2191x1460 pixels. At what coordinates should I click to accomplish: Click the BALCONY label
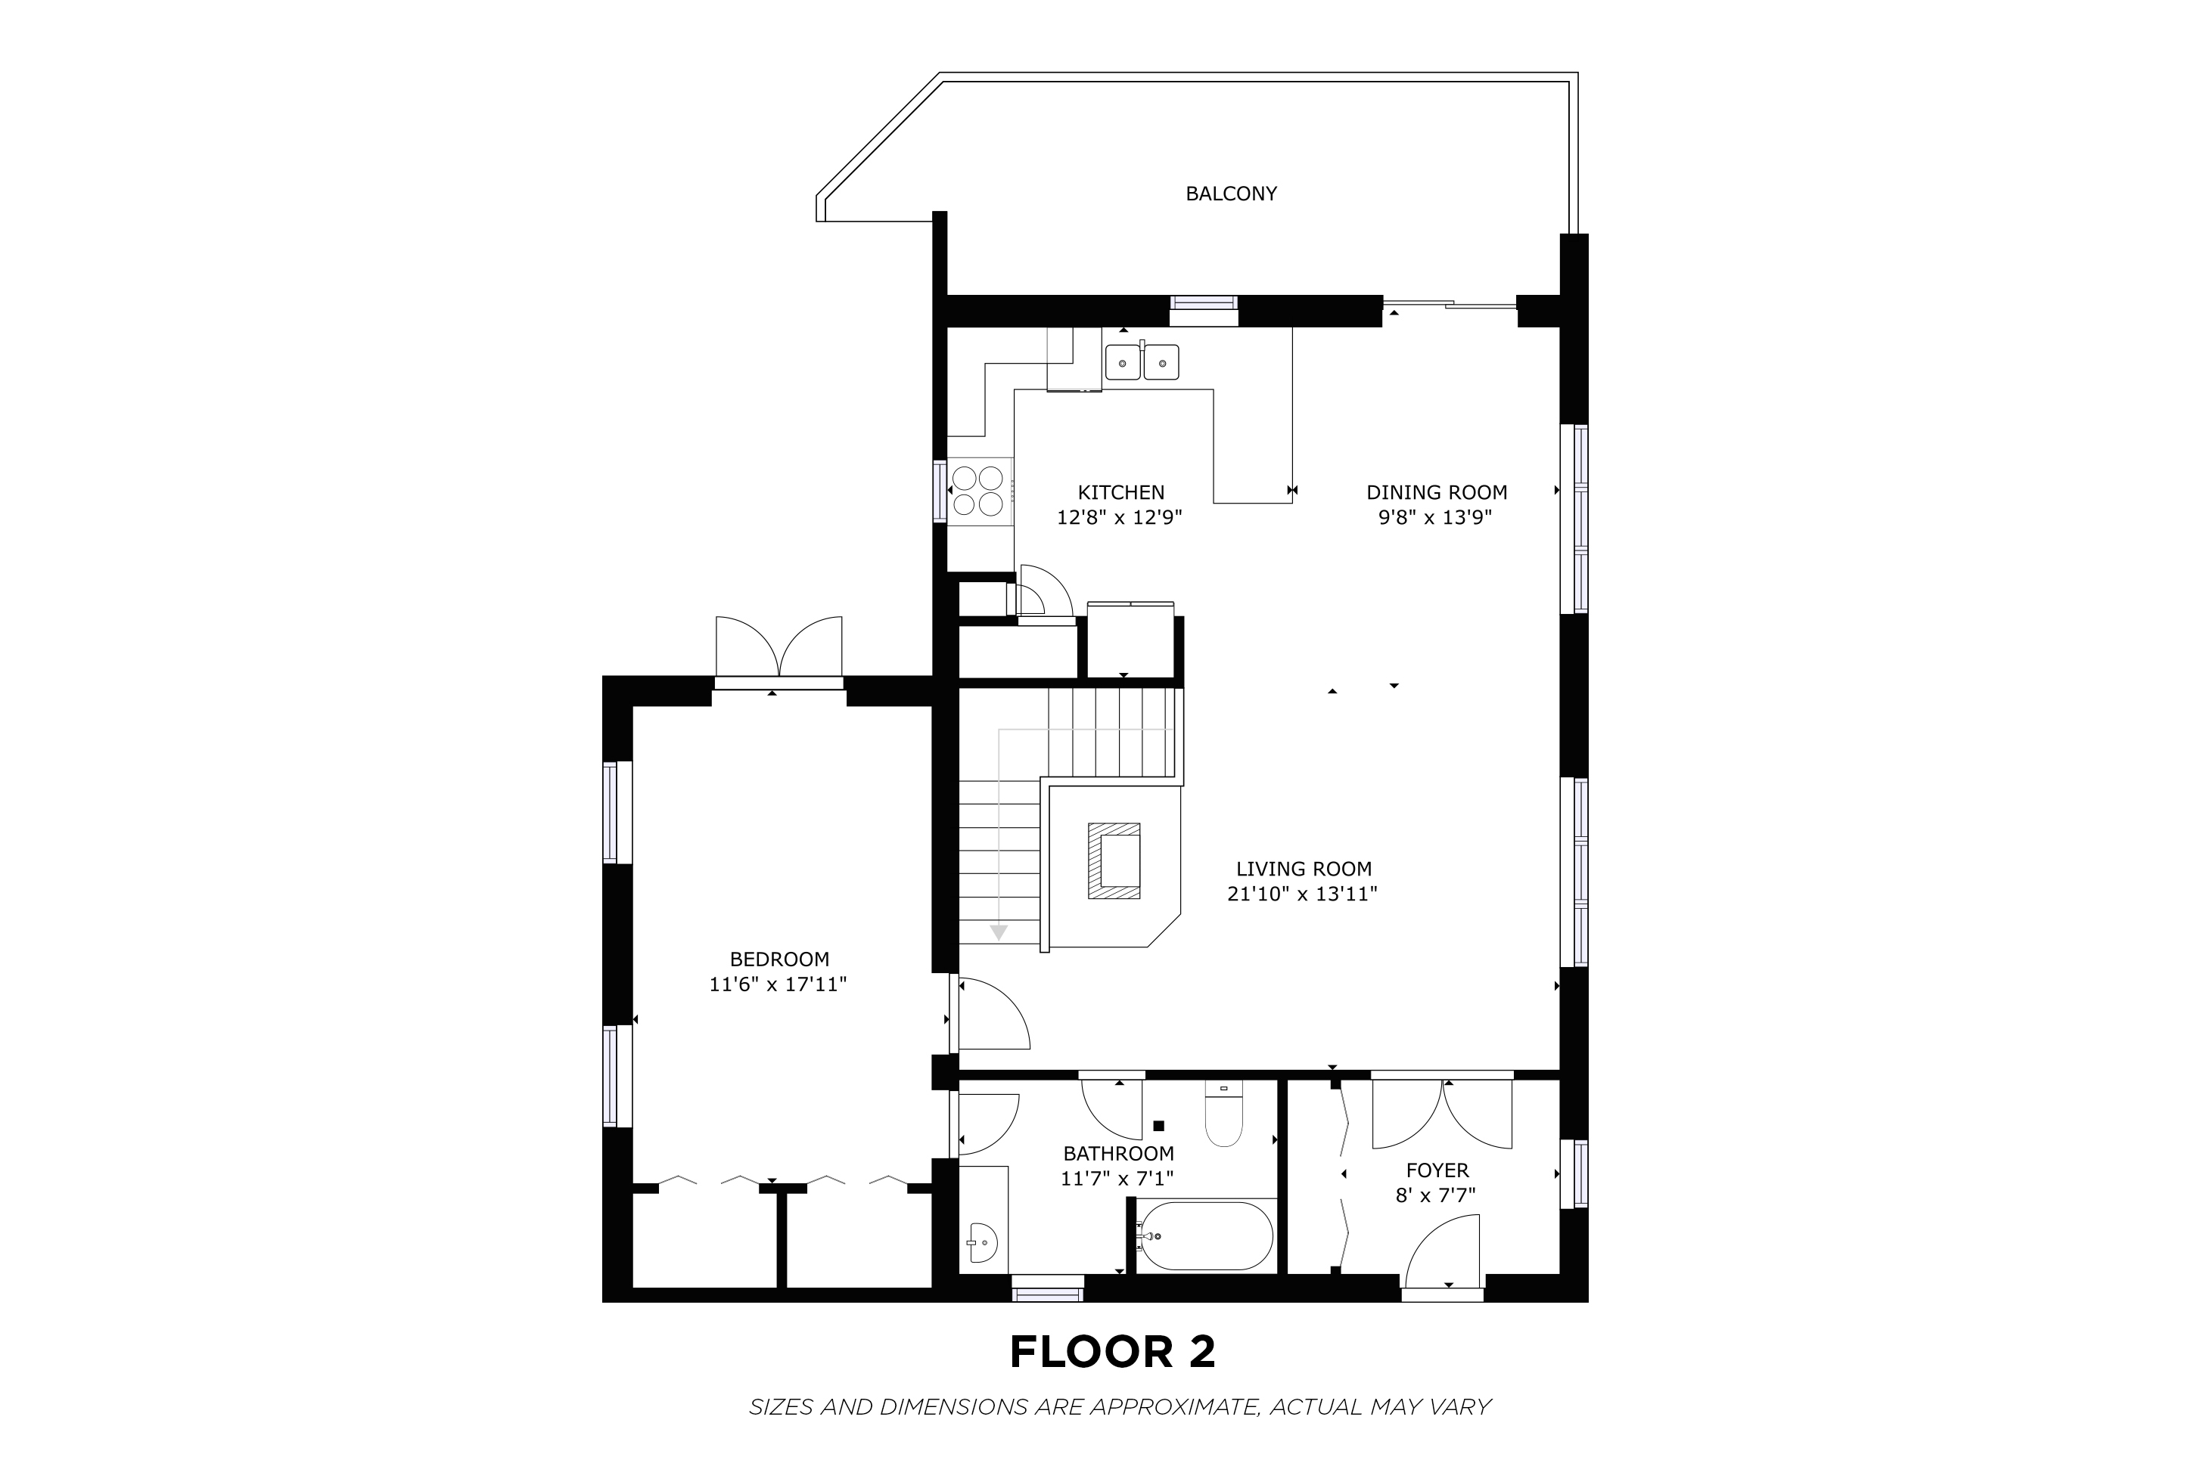tap(1231, 194)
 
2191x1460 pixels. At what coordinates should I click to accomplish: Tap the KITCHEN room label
tap(1120, 492)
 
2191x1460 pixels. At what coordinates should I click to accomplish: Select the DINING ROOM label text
tap(1437, 492)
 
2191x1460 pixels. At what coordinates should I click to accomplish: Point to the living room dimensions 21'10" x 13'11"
tap(1302, 894)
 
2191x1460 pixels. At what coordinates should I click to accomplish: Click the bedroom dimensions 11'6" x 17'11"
tap(778, 984)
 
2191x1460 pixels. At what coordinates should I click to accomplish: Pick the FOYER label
tap(1437, 1170)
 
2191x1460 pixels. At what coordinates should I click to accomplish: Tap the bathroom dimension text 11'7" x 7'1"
tap(1117, 1179)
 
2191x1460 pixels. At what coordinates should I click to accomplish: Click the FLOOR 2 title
tap(1113, 1352)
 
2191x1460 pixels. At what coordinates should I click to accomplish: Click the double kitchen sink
tap(1142, 361)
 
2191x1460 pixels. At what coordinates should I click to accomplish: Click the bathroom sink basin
tap(982, 1242)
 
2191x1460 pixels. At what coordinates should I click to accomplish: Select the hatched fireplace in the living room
tap(1114, 861)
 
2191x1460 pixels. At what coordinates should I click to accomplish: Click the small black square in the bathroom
tap(1159, 1126)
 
